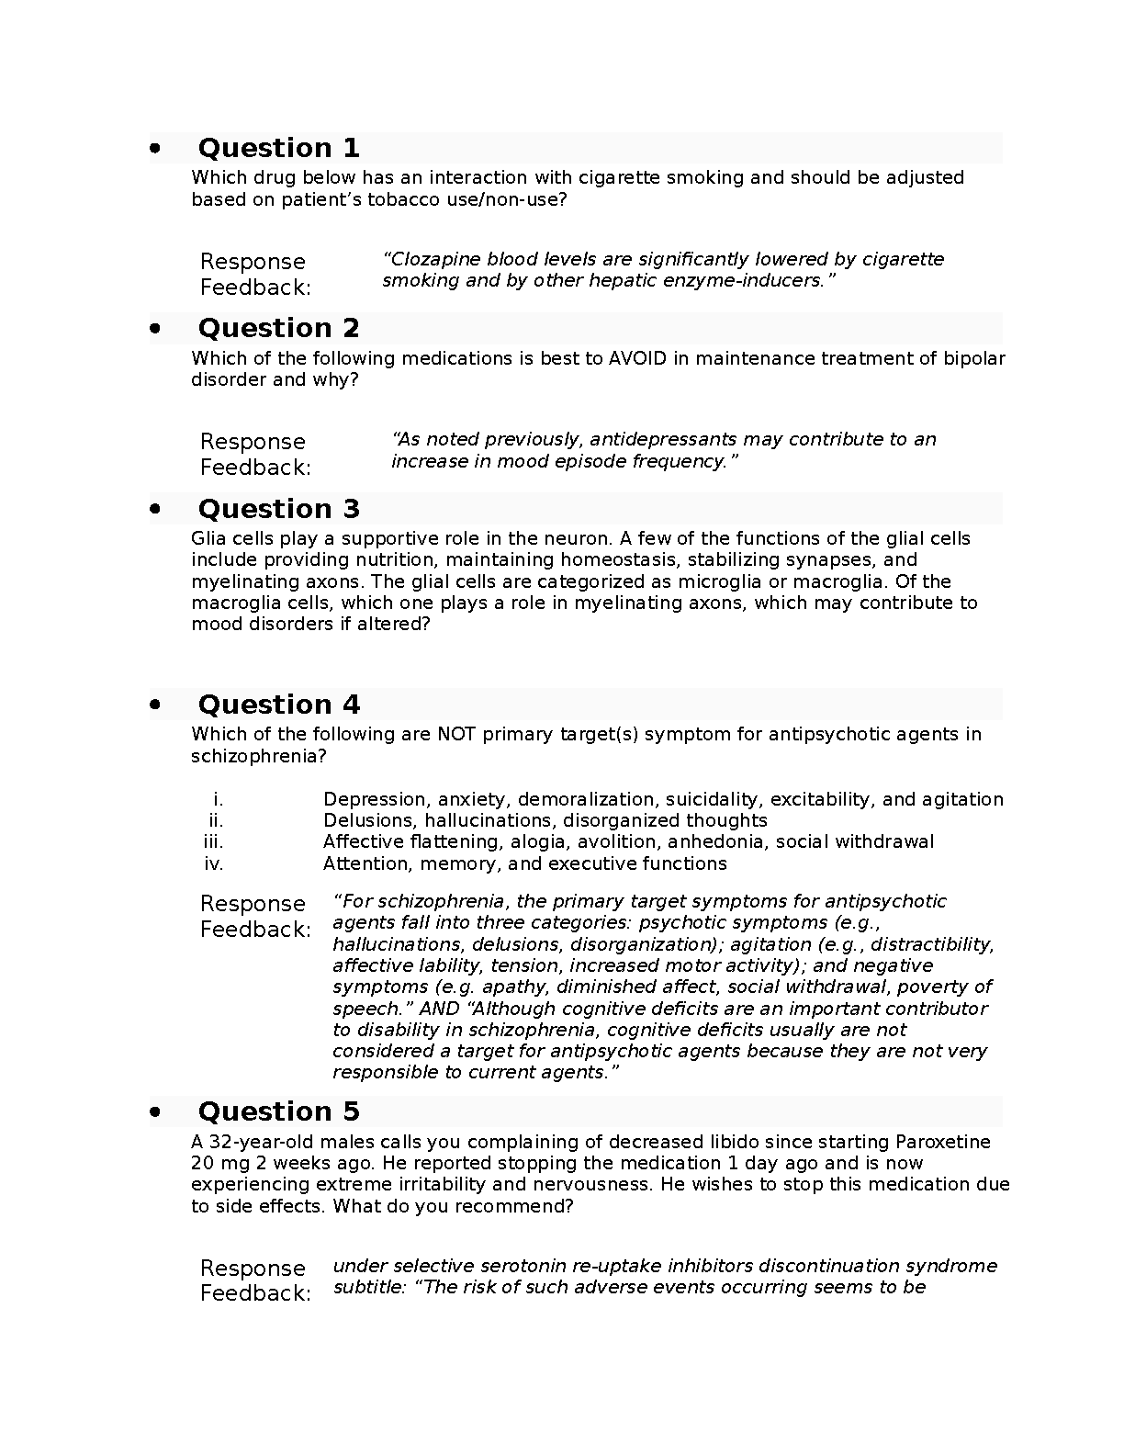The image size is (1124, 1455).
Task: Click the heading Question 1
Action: click(x=278, y=148)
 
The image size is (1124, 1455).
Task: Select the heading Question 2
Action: click(x=278, y=328)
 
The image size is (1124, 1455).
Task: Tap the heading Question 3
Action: click(x=278, y=509)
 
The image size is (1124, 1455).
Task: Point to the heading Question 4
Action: click(x=278, y=705)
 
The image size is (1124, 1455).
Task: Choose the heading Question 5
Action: click(x=278, y=1111)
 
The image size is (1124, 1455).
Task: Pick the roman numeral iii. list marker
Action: click(x=213, y=842)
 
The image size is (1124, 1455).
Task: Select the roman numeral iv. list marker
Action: click(x=213, y=864)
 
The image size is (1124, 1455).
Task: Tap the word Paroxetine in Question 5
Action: click(x=941, y=1142)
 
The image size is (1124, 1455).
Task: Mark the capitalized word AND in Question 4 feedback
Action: click(x=440, y=1009)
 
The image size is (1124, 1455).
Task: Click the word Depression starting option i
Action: click(x=377, y=799)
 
